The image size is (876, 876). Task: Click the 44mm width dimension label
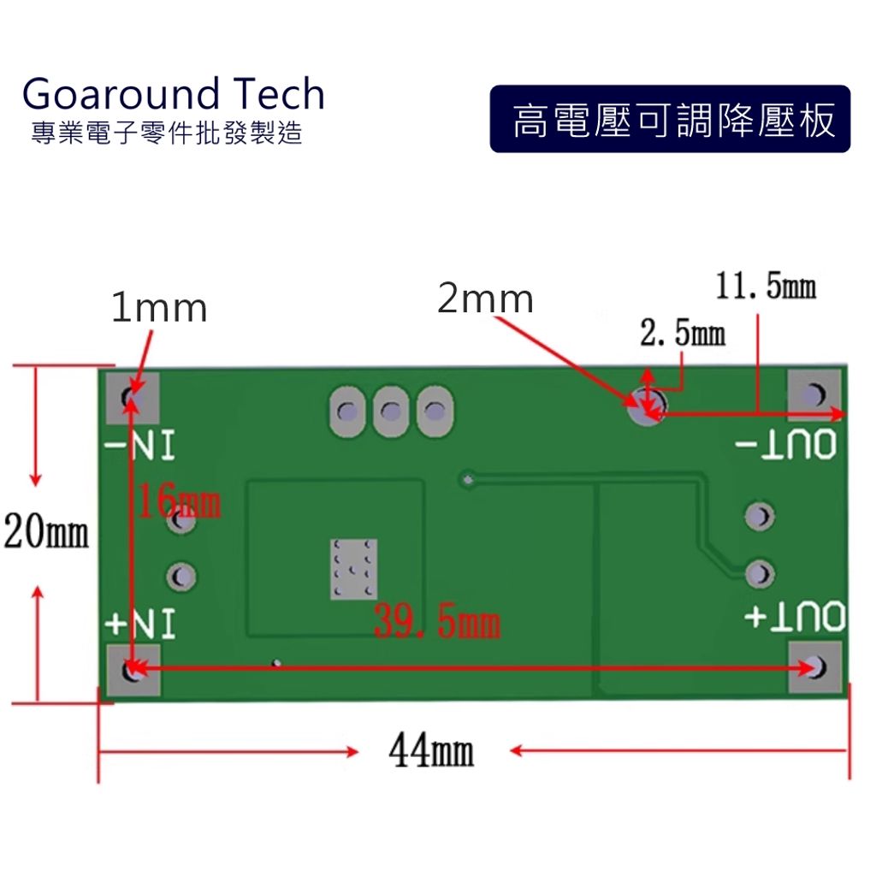pyautogui.click(x=431, y=753)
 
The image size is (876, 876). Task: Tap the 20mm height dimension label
pyautogui.click(x=46, y=532)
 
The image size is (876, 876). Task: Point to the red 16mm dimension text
pyautogui.click(x=179, y=502)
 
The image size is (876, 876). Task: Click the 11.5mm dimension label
pyautogui.click(x=765, y=287)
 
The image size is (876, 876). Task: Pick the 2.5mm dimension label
pyautogui.click(x=683, y=334)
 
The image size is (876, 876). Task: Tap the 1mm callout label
pyautogui.click(x=159, y=309)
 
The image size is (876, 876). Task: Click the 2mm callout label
pyautogui.click(x=485, y=299)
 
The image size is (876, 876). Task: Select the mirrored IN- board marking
pyautogui.click(x=140, y=447)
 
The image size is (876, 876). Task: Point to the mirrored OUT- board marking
pyautogui.click(x=785, y=446)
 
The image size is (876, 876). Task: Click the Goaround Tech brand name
pyautogui.click(x=174, y=93)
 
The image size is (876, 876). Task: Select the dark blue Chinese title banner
pyautogui.click(x=670, y=120)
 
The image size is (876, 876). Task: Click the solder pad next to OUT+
pyautogui.click(x=814, y=666)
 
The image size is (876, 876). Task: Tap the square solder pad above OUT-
pyautogui.click(x=814, y=394)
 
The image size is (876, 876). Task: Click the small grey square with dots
pyautogui.click(x=353, y=569)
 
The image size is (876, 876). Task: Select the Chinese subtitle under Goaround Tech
pyautogui.click(x=166, y=134)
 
